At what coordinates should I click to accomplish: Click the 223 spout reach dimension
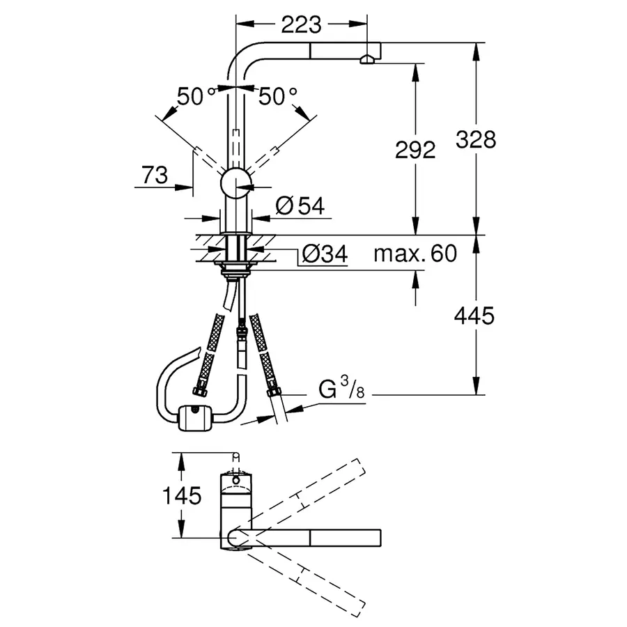point(302,25)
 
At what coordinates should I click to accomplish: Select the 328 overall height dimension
point(476,139)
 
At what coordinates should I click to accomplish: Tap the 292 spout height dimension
point(416,149)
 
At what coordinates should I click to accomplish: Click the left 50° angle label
point(189,96)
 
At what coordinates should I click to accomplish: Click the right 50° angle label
point(277,96)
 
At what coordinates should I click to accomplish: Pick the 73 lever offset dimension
point(153,176)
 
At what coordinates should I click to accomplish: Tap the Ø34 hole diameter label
point(324,255)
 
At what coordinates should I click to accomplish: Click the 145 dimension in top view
point(183,496)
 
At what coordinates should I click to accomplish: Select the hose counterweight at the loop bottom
point(195,419)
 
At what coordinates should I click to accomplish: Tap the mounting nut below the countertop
point(236,268)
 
